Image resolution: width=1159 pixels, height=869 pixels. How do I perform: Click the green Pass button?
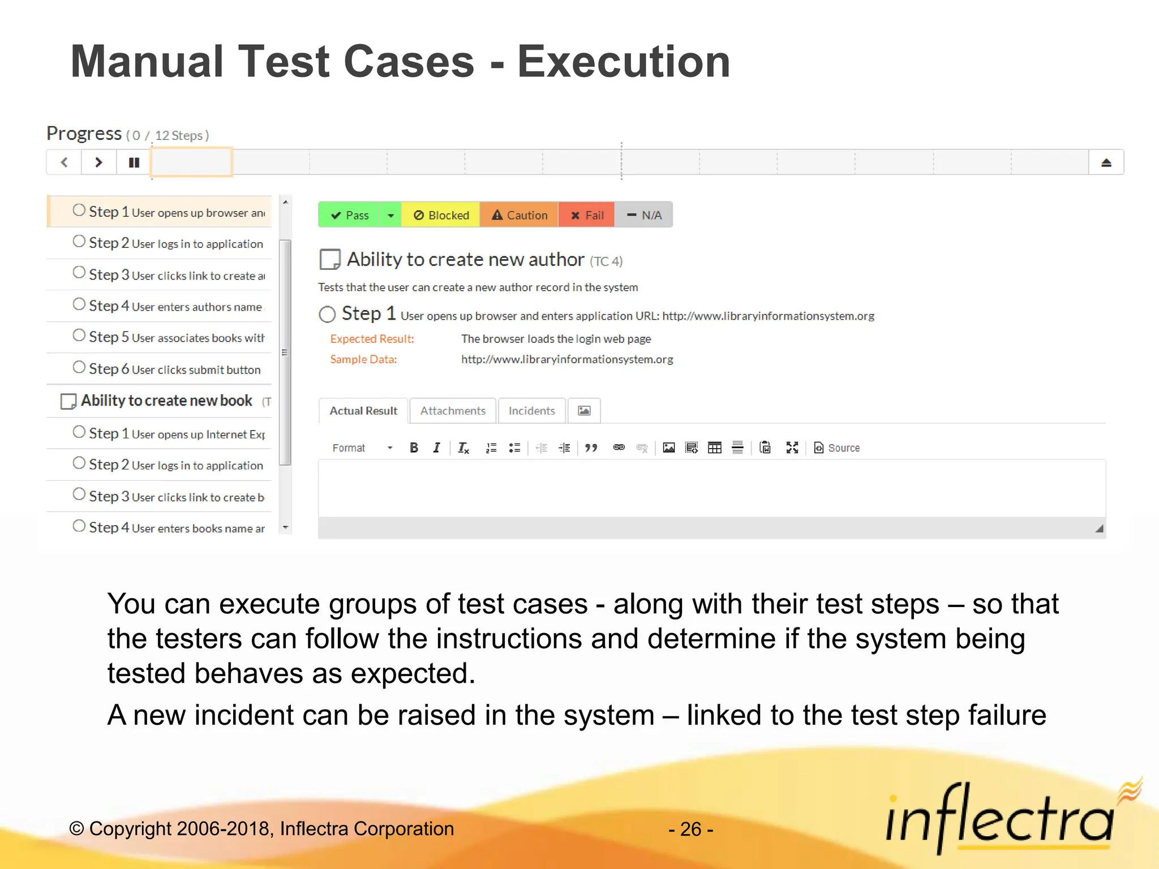point(349,215)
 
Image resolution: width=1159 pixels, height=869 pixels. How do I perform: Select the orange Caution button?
point(519,215)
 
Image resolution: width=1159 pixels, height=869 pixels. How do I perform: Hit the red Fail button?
point(586,215)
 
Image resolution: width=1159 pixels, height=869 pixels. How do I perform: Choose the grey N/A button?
point(644,215)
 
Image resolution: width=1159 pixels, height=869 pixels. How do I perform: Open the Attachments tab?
point(453,411)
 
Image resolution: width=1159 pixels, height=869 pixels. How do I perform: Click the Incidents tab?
point(531,411)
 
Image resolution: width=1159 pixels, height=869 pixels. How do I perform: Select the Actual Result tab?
point(363,411)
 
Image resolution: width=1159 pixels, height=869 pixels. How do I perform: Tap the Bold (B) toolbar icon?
point(414,448)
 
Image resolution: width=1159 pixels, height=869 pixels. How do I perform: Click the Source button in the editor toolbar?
point(837,448)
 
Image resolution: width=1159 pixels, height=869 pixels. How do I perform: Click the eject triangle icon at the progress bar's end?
point(1106,163)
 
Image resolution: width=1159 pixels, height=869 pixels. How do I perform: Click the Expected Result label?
point(372,339)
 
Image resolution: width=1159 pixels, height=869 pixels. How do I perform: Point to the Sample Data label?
point(363,359)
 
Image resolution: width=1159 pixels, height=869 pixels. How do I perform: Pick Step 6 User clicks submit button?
point(168,369)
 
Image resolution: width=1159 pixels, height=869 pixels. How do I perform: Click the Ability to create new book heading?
point(166,401)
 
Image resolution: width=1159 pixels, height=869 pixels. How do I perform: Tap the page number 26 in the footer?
point(690,829)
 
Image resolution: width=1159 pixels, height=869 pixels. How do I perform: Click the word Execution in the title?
point(624,62)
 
